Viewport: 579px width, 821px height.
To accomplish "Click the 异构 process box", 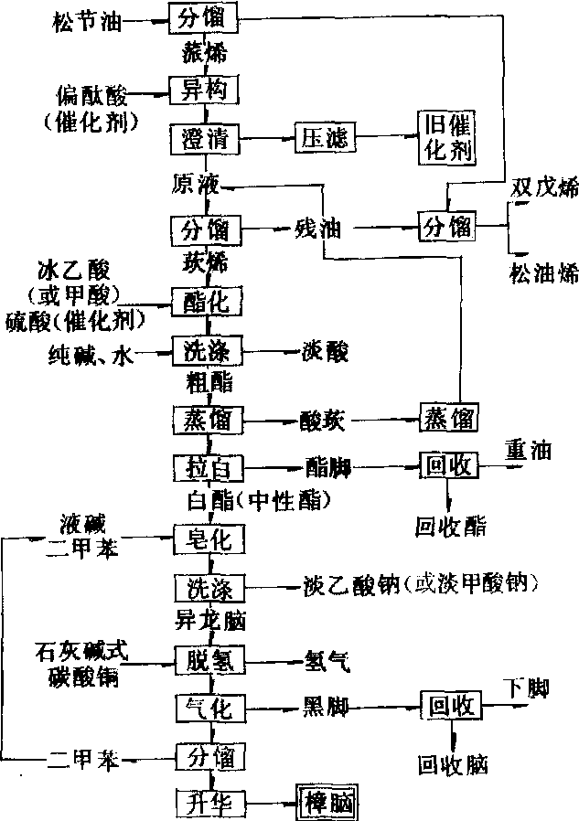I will (x=204, y=90).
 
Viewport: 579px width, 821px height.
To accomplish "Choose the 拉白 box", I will (x=206, y=467).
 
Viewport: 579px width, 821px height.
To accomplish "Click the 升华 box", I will (x=209, y=802).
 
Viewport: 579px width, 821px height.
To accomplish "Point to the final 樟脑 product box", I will (x=327, y=802).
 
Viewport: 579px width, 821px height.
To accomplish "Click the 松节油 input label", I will (x=85, y=16).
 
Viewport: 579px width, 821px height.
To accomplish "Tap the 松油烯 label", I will (x=544, y=272).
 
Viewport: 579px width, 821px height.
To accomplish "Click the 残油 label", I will (x=317, y=226).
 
